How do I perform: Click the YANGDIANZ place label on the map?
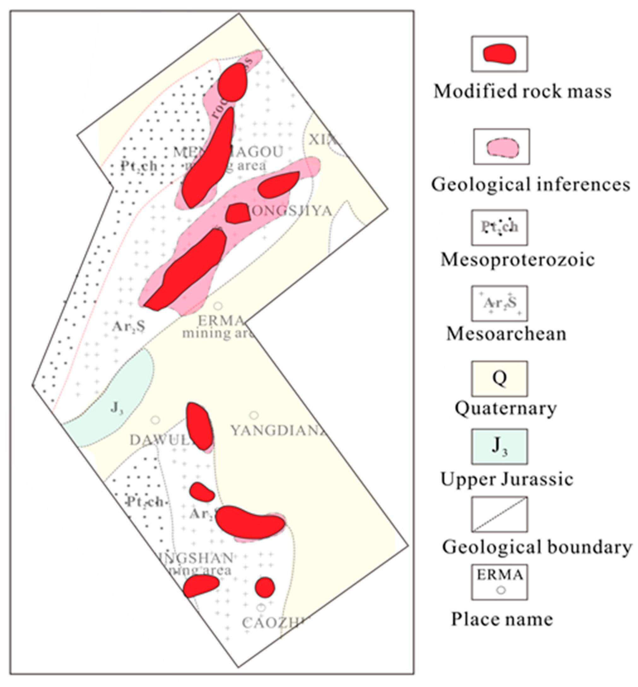tap(278, 431)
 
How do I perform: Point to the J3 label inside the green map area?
tap(117, 408)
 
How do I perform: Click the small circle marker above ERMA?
tap(218, 306)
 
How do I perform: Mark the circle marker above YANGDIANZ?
tap(254, 415)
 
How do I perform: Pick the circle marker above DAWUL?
tap(155, 420)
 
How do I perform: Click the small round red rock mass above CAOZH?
tap(265, 587)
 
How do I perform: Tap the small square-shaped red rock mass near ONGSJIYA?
tap(237, 213)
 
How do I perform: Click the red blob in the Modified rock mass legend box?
tap(500, 54)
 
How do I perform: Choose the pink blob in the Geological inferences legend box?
tap(501, 147)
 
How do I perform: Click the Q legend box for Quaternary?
tap(500, 379)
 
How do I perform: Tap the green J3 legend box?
tap(500, 446)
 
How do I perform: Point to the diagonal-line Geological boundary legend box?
tap(500, 514)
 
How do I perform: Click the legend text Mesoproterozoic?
tap(518, 260)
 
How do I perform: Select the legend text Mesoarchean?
tap(506, 334)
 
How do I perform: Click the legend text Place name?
tap(502, 619)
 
